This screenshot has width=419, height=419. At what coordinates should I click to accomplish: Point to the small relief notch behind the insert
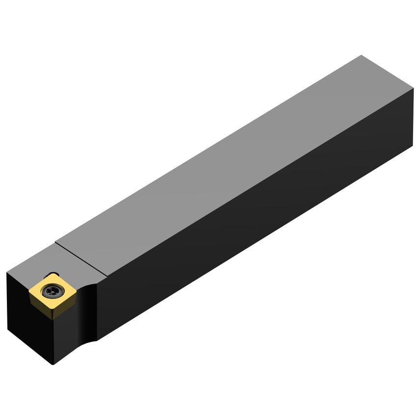[x=53, y=275]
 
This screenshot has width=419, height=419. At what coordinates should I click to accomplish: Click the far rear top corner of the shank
[x=362, y=55]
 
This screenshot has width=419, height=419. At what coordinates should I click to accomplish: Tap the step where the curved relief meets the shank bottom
[x=97, y=339]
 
